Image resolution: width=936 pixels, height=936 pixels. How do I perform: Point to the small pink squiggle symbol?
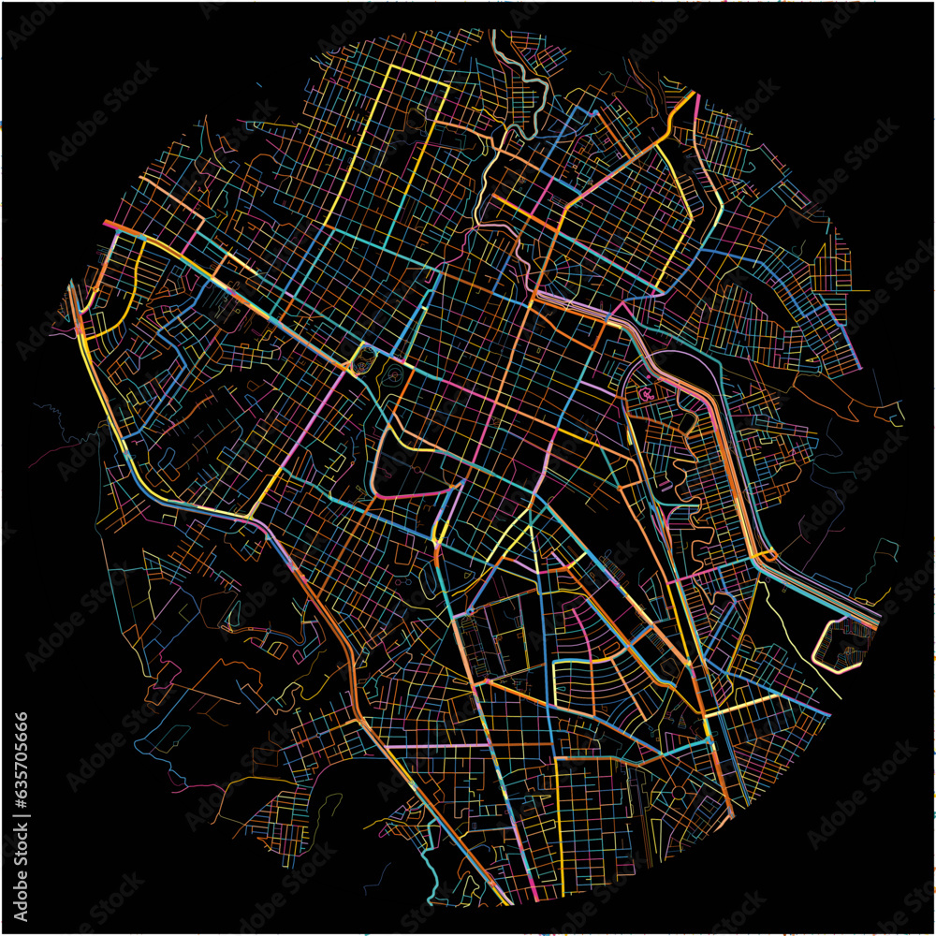pos(645,394)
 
